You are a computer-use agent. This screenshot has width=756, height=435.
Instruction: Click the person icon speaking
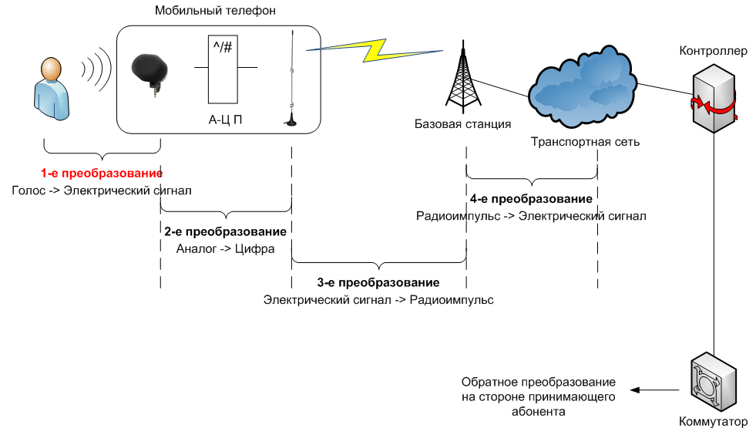coord(51,89)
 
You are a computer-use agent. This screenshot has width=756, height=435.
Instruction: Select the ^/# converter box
coord(223,69)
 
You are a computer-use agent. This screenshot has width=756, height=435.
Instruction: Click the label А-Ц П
coord(225,120)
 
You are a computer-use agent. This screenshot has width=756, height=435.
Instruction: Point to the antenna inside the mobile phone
coord(291,78)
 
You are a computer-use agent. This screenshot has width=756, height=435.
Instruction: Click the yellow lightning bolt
coord(374,50)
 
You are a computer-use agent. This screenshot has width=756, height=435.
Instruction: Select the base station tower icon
coord(463,77)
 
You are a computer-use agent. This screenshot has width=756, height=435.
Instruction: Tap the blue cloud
coord(583,87)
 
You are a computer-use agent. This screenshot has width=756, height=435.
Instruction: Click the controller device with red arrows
coord(714,99)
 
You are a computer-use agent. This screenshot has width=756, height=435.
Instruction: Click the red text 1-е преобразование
coord(102,174)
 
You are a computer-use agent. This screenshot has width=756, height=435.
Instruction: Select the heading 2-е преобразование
coord(225,231)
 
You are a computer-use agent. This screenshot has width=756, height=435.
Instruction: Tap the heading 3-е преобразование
coord(378,282)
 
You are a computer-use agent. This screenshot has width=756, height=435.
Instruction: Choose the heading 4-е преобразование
coord(531,199)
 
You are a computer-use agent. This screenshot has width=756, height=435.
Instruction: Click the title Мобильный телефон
coord(215,11)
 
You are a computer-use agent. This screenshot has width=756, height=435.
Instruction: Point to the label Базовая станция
coord(463,124)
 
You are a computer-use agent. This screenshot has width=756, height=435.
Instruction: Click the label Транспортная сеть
coord(586,142)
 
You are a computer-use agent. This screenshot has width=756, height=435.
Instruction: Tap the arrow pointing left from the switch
coord(655,389)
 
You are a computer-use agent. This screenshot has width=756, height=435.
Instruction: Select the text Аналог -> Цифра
coord(225,249)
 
